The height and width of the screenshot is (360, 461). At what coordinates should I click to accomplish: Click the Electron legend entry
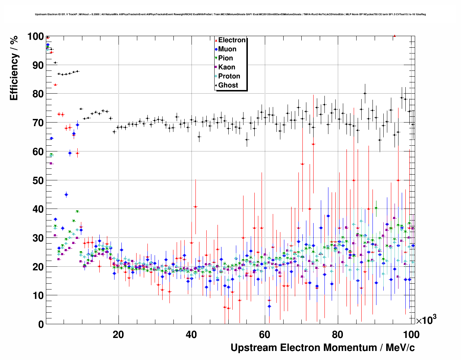coord(232,40)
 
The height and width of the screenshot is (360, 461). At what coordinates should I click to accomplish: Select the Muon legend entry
coord(227,49)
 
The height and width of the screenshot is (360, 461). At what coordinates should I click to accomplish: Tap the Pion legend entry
coord(225,58)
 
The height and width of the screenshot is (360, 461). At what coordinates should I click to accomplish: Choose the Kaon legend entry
coord(227,67)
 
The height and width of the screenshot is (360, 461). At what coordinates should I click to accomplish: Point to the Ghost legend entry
coord(228,85)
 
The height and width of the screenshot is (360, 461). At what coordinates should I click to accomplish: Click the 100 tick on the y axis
coord(35,37)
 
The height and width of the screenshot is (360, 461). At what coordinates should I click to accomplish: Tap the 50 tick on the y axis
coord(38,180)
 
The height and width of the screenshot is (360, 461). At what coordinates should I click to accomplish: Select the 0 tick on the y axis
coord(40,324)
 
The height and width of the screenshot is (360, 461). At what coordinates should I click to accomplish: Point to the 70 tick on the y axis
coord(38,123)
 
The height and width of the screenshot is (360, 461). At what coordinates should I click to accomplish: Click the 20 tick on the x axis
coord(118,334)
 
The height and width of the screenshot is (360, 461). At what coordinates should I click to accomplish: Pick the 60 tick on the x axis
coord(264,334)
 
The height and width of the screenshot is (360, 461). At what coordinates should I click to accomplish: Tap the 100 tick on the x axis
coord(411,334)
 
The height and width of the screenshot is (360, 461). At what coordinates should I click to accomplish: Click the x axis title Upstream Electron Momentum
coord(323,348)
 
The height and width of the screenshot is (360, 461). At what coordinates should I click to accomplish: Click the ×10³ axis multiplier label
coord(426,320)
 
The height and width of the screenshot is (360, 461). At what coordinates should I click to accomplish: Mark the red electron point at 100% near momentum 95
coord(395,36)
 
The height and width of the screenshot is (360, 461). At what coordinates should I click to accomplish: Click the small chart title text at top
coord(231,14)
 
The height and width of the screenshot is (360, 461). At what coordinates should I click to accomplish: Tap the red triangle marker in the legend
coord(216,40)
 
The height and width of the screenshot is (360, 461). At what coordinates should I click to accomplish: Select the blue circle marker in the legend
coord(216,50)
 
